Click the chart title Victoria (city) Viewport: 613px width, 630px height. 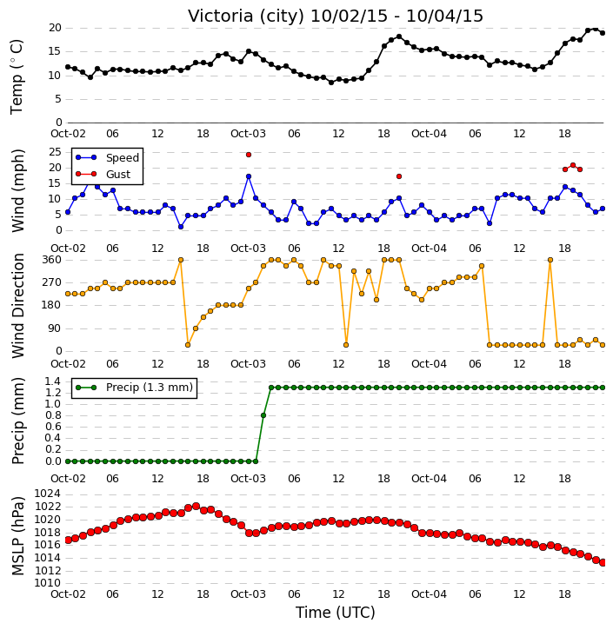point(245,17)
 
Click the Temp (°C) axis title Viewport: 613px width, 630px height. point(17,76)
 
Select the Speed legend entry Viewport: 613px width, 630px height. point(107,157)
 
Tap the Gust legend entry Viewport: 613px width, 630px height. point(103,174)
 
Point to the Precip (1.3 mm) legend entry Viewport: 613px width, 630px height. point(134,388)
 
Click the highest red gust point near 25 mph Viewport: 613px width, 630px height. point(249,155)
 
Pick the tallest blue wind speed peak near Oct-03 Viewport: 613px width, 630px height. point(249,176)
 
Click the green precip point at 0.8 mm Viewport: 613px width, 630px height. point(263,415)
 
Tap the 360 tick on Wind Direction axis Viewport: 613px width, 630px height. point(52,260)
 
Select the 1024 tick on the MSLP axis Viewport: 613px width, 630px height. point(48,494)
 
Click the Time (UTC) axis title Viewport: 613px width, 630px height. point(336,613)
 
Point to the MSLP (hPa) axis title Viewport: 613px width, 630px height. point(17,536)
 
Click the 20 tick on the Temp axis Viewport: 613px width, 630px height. point(55,28)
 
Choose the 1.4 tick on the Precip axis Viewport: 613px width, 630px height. point(53,381)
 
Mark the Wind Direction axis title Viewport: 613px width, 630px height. point(17,306)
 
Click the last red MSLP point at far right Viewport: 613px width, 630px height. point(603,563)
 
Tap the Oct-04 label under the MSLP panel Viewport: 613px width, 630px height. point(429,594)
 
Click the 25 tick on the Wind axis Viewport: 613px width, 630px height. point(55,152)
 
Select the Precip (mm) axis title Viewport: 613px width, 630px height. point(17,421)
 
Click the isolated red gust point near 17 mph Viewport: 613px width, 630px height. point(399,176)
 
